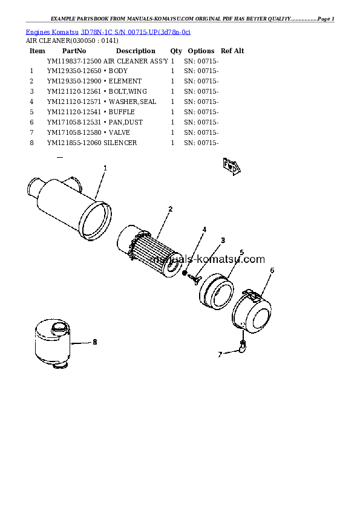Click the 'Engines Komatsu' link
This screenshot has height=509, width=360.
52,32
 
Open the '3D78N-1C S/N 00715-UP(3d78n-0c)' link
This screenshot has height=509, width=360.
136,32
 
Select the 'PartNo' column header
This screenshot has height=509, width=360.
74,51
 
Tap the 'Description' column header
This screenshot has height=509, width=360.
136,51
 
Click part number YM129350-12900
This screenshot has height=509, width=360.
74,81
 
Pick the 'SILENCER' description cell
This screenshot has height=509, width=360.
120,143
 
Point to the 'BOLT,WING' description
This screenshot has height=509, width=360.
128,91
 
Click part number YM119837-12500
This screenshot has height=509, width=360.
74,61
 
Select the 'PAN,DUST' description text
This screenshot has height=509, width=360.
126,122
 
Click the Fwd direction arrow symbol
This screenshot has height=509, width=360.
231,166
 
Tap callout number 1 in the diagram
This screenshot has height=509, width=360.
105,168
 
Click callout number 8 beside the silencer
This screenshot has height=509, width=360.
95,342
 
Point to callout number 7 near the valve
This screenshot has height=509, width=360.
220,355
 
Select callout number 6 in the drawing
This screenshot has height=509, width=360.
272,270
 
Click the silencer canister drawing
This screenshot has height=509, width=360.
52,343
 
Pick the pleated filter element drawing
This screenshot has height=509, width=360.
149,251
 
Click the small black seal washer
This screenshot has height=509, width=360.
185,273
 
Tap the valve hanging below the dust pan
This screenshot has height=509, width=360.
243,347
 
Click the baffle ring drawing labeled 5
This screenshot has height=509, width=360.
216,291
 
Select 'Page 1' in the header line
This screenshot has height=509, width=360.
326,19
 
